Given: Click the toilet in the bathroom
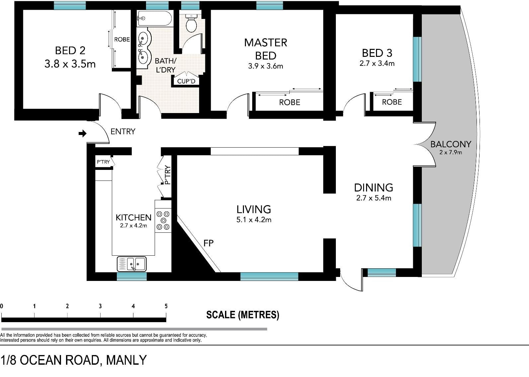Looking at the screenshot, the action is [x=191, y=23].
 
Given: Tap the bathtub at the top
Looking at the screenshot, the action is [x=154, y=18].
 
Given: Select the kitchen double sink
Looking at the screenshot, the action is [x=131, y=264].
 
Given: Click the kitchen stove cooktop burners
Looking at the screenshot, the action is [x=163, y=220].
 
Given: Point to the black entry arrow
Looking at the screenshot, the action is [x=82, y=133].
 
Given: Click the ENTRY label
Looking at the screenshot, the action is [x=123, y=131].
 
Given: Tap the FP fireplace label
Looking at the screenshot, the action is [x=208, y=243].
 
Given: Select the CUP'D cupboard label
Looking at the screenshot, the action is [x=186, y=81].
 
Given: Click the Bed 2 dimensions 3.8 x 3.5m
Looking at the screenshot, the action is [x=70, y=64].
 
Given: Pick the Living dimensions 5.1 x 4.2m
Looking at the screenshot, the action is [x=254, y=220].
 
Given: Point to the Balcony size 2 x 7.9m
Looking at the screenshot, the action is [x=451, y=152].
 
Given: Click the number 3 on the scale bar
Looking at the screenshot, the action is [x=100, y=306].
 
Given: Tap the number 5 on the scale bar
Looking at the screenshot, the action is [x=166, y=306].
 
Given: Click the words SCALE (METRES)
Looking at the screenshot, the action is [x=243, y=315].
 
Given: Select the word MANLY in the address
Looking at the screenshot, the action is [x=126, y=360].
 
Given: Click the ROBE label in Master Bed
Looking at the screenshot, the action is [x=289, y=102].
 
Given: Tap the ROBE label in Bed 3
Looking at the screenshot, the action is [x=392, y=102].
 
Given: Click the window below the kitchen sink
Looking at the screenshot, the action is [x=132, y=276].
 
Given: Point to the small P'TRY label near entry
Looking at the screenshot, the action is [x=103, y=162].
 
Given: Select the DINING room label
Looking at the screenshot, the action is [x=374, y=188].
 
